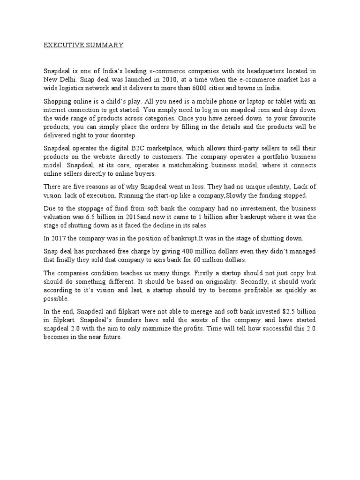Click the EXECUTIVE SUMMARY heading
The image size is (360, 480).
pos(83,45)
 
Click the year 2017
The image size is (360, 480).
pos(59,239)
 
